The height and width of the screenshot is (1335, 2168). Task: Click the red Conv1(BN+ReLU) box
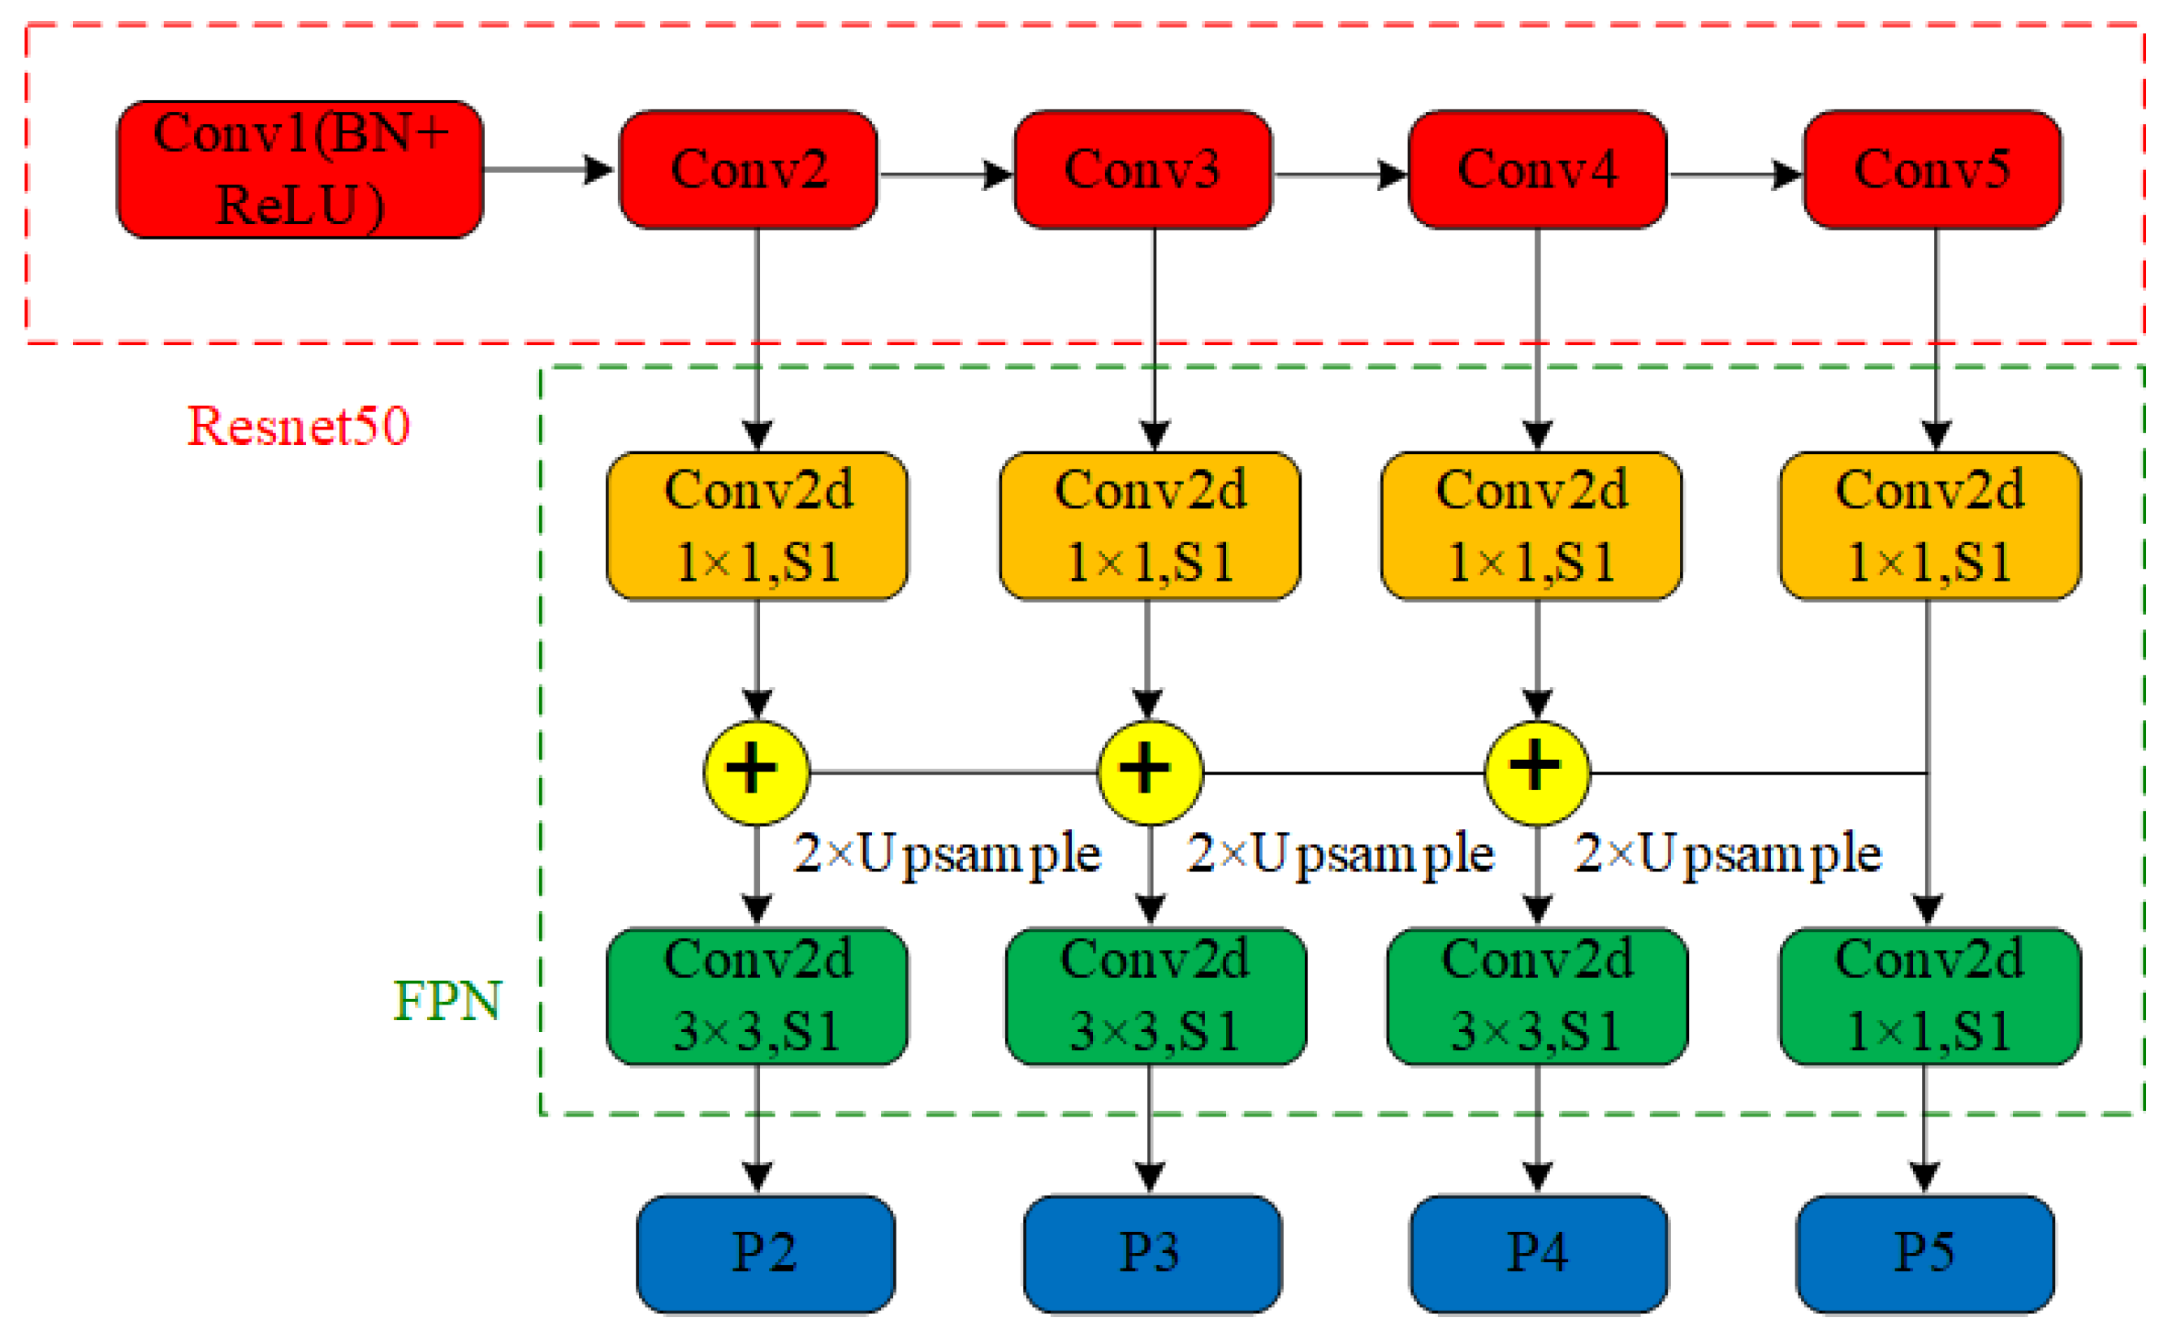click(300, 169)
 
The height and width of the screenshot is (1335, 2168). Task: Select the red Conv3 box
click(1142, 169)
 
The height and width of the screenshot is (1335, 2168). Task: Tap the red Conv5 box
click(1932, 169)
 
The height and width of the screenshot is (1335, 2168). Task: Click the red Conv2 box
click(749, 169)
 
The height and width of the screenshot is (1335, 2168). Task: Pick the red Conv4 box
click(1537, 169)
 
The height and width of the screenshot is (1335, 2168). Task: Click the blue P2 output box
click(766, 1254)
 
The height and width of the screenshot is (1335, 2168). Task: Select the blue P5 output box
click(1925, 1254)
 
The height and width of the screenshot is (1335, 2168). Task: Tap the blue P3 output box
click(1152, 1254)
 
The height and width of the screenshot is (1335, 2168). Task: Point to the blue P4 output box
click(1539, 1254)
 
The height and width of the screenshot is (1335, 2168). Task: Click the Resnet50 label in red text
click(298, 426)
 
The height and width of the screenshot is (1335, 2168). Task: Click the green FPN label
click(447, 1000)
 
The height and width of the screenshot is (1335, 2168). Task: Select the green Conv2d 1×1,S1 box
click(1929, 996)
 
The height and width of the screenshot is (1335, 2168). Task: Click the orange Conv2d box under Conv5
click(1929, 526)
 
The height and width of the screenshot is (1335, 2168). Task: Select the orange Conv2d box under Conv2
click(757, 526)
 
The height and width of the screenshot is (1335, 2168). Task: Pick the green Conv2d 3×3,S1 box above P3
click(1155, 996)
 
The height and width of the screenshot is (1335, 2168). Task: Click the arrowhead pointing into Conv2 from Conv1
click(601, 169)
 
